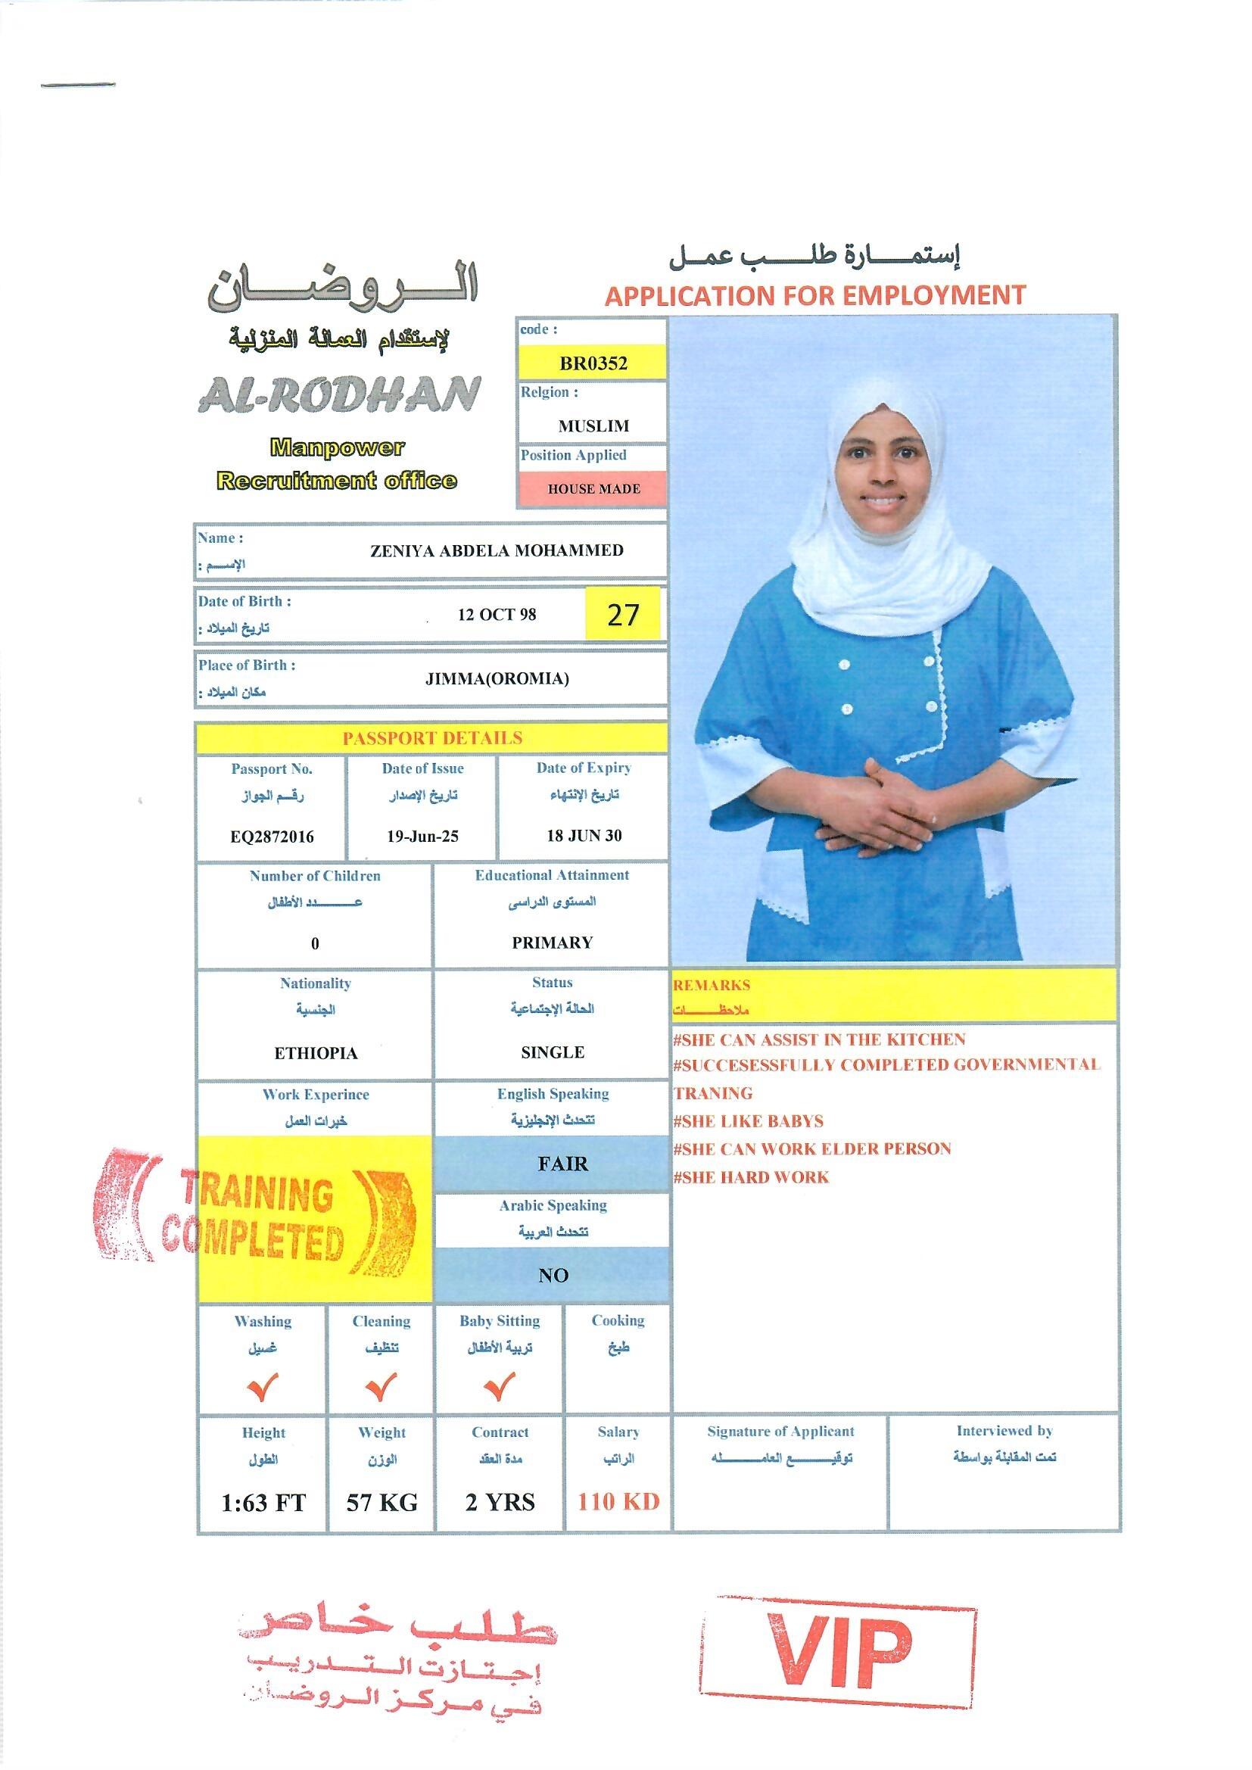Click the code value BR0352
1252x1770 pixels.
pos(592,363)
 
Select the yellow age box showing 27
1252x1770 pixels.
pos(623,614)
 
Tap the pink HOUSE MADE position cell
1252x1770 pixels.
pos(593,489)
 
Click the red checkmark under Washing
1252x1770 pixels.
pos(262,1387)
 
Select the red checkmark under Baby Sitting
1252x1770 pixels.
pos(500,1387)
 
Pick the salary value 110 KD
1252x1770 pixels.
pos(618,1501)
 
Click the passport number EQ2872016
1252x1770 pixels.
pos(272,837)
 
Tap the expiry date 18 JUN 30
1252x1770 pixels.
pos(584,835)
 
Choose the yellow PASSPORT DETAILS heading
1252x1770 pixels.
pos(431,738)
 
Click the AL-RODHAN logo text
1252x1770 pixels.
pos(339,394)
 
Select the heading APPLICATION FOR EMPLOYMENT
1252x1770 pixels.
pos(815,295)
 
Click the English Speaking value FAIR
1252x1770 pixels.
pos(562,1164)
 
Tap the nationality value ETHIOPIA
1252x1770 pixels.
pos(316,1053)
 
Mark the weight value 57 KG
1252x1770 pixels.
pos(382,1502)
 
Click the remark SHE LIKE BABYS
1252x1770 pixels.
pos(748,1121)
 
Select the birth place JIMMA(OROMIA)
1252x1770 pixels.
pos(497,678)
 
